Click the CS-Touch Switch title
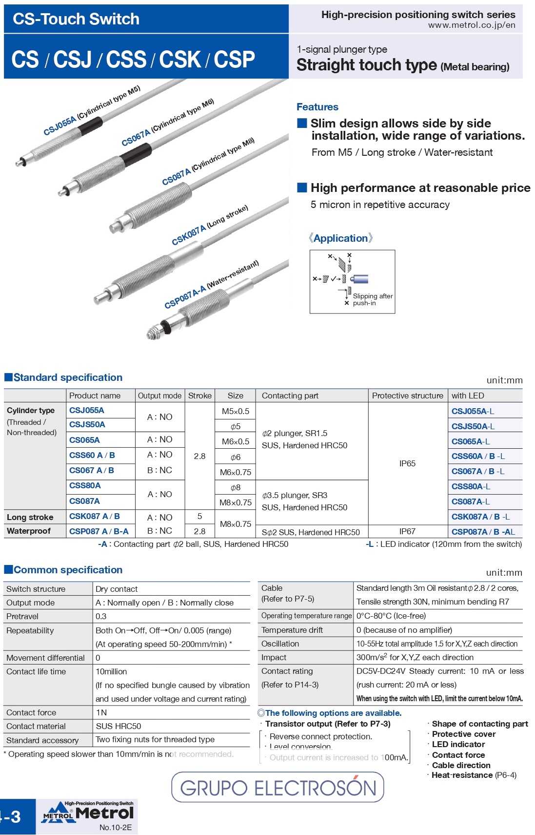click(76, 19)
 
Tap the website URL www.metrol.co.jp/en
click(471, 25)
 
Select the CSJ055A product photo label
click(59, 125)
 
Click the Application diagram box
click(352, 282)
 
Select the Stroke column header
click(199, 396)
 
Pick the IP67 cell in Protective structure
click(407, 531)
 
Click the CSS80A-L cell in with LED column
click(471, 486)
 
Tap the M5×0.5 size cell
click(235, 411)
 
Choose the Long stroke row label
click(30, 517)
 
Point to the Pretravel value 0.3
click(101, 616)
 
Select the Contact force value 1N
click(101, 712)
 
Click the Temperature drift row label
click(292, 630)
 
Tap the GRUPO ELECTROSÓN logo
click(278, 787)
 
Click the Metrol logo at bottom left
click(88, 813)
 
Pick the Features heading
click(317, 107)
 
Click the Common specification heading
click(68, 570)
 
